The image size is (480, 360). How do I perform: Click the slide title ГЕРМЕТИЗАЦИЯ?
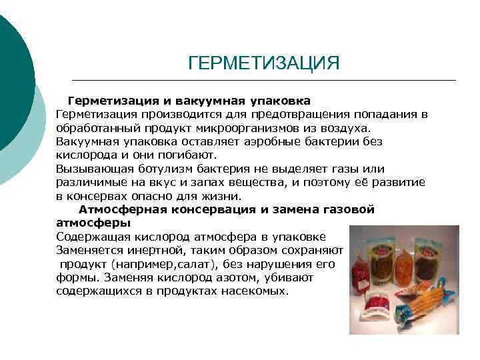[264, 63]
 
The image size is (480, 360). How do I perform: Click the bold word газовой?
[349, 210]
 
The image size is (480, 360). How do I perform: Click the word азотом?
[225, 277]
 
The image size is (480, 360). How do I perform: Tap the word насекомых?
[254, 291]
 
